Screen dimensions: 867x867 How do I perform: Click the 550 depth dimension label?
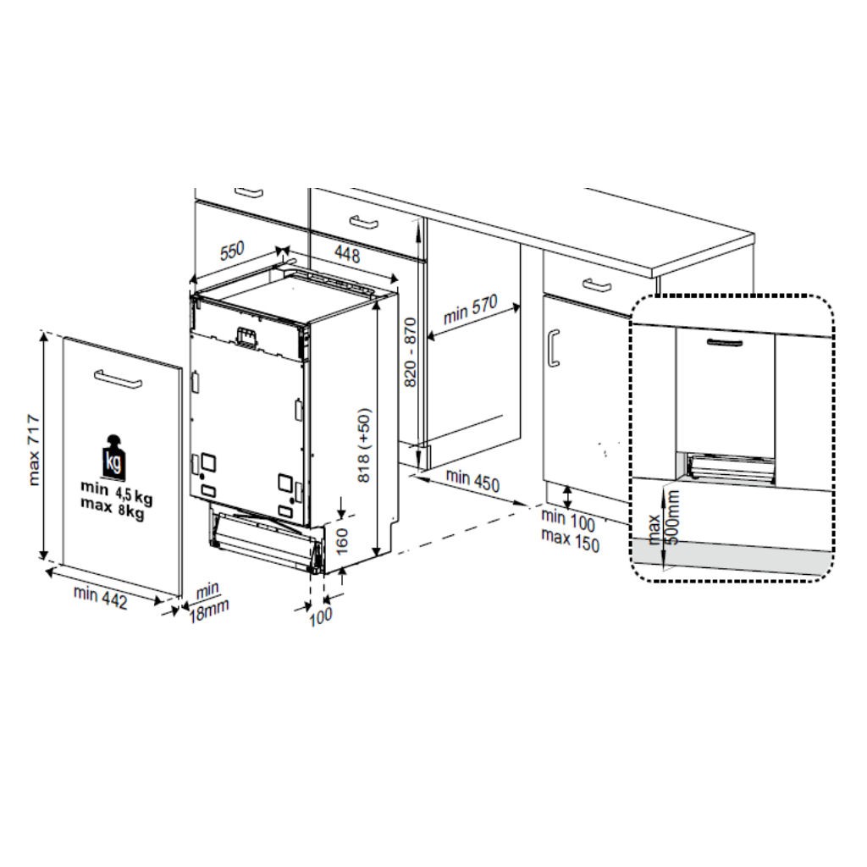(x=232, y=251)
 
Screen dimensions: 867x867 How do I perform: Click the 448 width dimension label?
(x=347, y=254)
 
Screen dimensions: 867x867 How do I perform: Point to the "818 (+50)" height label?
(x=364, y=445)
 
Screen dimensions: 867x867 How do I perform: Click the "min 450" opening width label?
(x=472, y=480)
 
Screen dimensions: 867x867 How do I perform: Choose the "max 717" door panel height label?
(x=34, y=450)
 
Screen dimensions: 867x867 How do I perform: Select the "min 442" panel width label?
(x=101, y=598)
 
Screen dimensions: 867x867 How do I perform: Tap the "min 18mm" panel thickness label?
(x=208, y=603)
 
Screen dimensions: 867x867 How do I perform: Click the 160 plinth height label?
(x=342, y=541)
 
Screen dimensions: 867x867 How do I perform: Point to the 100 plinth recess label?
(x=321, y=616)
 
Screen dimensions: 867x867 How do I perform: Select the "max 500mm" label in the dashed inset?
(x=664, y=519)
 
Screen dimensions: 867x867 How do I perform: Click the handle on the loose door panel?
(x=118, y=379)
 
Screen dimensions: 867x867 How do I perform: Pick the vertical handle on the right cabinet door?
(x=554, y=348)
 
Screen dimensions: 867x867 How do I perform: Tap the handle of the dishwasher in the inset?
(x=725, y=344)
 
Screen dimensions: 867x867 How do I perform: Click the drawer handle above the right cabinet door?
(x=597, y=285)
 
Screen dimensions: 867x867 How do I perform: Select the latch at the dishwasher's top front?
(x=247, y=337)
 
